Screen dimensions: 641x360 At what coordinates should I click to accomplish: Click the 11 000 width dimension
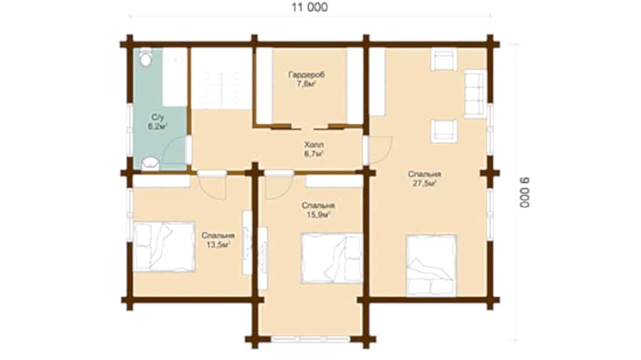pyautogui.click(x=309, y=7)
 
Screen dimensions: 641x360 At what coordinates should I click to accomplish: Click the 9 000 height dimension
pyautogui.click(x=525, y=192)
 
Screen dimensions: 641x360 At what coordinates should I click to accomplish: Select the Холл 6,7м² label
pyautogui.click(x=314, y=149)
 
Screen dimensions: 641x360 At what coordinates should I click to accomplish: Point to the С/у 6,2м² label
pyautogui.click(x=157, y=122)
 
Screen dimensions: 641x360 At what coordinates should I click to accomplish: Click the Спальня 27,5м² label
pyautogui.click(x=424, y=179)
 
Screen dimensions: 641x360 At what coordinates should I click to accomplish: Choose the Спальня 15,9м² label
pyautogui.click(x=318, y=210)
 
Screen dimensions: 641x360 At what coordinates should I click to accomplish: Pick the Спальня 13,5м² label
pyautogui.click(x=218, y=240)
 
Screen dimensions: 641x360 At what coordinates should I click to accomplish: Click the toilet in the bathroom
pyautogui.click(x=146, y=57)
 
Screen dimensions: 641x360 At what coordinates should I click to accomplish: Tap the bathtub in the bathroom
pyautogui.click(x=175, y=77)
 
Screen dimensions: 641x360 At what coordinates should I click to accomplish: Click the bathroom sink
pyautogui.click(x=150, y=164)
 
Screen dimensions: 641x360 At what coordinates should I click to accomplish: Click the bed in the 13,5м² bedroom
pyautogui.click(x=164, y=247)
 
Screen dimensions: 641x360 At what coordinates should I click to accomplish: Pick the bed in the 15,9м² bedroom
pyautogui.click(x=332, y=258)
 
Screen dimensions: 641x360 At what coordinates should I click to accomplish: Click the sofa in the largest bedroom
pyautogui.click(x=475, y=94)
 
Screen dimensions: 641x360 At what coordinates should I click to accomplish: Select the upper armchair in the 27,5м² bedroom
pyautogui.click(x=444, y=59)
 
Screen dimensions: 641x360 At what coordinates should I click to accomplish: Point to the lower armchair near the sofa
pyautogui.click(x=444, y=131)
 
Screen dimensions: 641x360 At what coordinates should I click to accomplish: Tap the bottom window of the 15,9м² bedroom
pyautogui.click(x=310, y=339)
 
